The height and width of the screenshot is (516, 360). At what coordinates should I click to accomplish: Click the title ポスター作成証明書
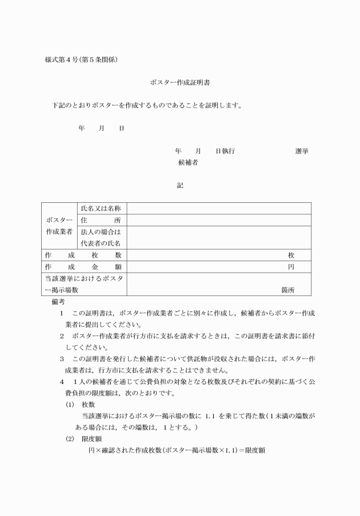coord(179,82)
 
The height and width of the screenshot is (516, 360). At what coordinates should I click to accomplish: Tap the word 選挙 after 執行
coord(302,151)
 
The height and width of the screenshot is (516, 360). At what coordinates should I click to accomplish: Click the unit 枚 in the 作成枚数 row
coord(291,255)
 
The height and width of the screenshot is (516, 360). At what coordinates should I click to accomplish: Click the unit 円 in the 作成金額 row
coord(291,267)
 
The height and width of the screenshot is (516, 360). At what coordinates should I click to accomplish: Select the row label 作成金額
coord(83,267)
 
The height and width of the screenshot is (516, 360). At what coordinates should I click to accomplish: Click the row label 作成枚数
coord(83,255)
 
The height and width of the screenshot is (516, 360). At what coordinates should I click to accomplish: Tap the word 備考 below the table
coord(58,301)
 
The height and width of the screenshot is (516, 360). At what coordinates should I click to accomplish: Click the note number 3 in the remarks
coord(62,359)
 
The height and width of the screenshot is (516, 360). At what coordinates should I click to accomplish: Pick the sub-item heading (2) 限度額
coord(83,439)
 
